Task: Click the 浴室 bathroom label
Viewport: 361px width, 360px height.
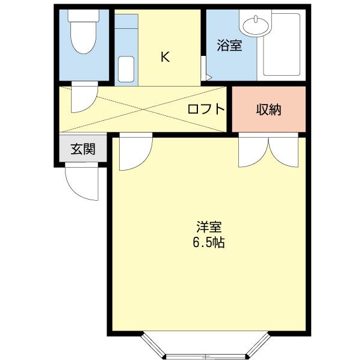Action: coord(229,45)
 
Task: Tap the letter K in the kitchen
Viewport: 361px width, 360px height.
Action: coord(165,57)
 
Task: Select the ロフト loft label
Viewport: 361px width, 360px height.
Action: coord(206,109)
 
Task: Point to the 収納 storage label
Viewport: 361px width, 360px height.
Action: coord(268,109)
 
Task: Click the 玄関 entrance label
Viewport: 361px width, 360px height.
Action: coord(83,149)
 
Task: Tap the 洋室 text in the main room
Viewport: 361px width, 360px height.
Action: coord(209,227)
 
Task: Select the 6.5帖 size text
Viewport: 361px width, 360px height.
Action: coord(209,242)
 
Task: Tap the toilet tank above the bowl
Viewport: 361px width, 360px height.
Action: coord(84,16)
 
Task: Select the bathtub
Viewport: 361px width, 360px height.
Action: coord(282,44)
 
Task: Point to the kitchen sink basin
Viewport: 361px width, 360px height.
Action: coord(126,69)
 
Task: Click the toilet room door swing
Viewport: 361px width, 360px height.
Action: coord(84,97)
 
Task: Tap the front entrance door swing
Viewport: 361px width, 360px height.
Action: coord(82,182)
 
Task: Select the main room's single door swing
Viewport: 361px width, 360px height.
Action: coord(135,152)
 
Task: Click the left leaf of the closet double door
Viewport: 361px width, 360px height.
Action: coord(253,150)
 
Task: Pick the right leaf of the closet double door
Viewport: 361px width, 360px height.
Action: coord(283,150)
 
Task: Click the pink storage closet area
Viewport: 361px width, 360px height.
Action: coord(269,109)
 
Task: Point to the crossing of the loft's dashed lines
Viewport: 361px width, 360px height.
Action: coord(143,109)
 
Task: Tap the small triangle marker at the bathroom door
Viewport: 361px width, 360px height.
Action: coord(209,77)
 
